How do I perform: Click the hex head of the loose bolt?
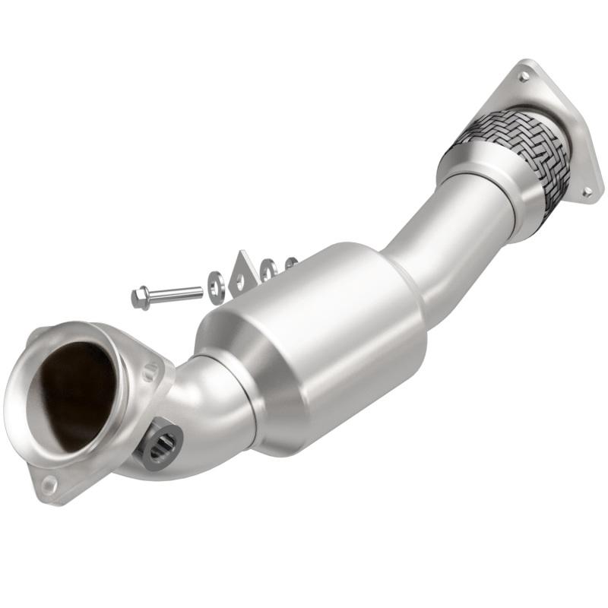pos(141,297)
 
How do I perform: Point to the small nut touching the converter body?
pos(290,264)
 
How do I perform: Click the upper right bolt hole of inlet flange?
pos(151,372)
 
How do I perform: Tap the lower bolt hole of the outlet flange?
pos(586,192)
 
